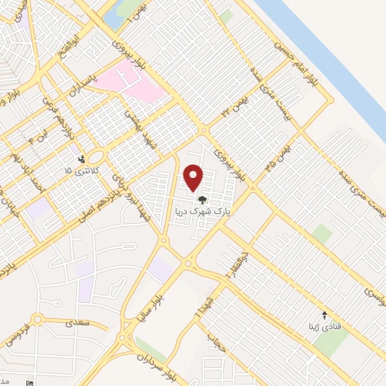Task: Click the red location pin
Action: coord(194,176)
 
